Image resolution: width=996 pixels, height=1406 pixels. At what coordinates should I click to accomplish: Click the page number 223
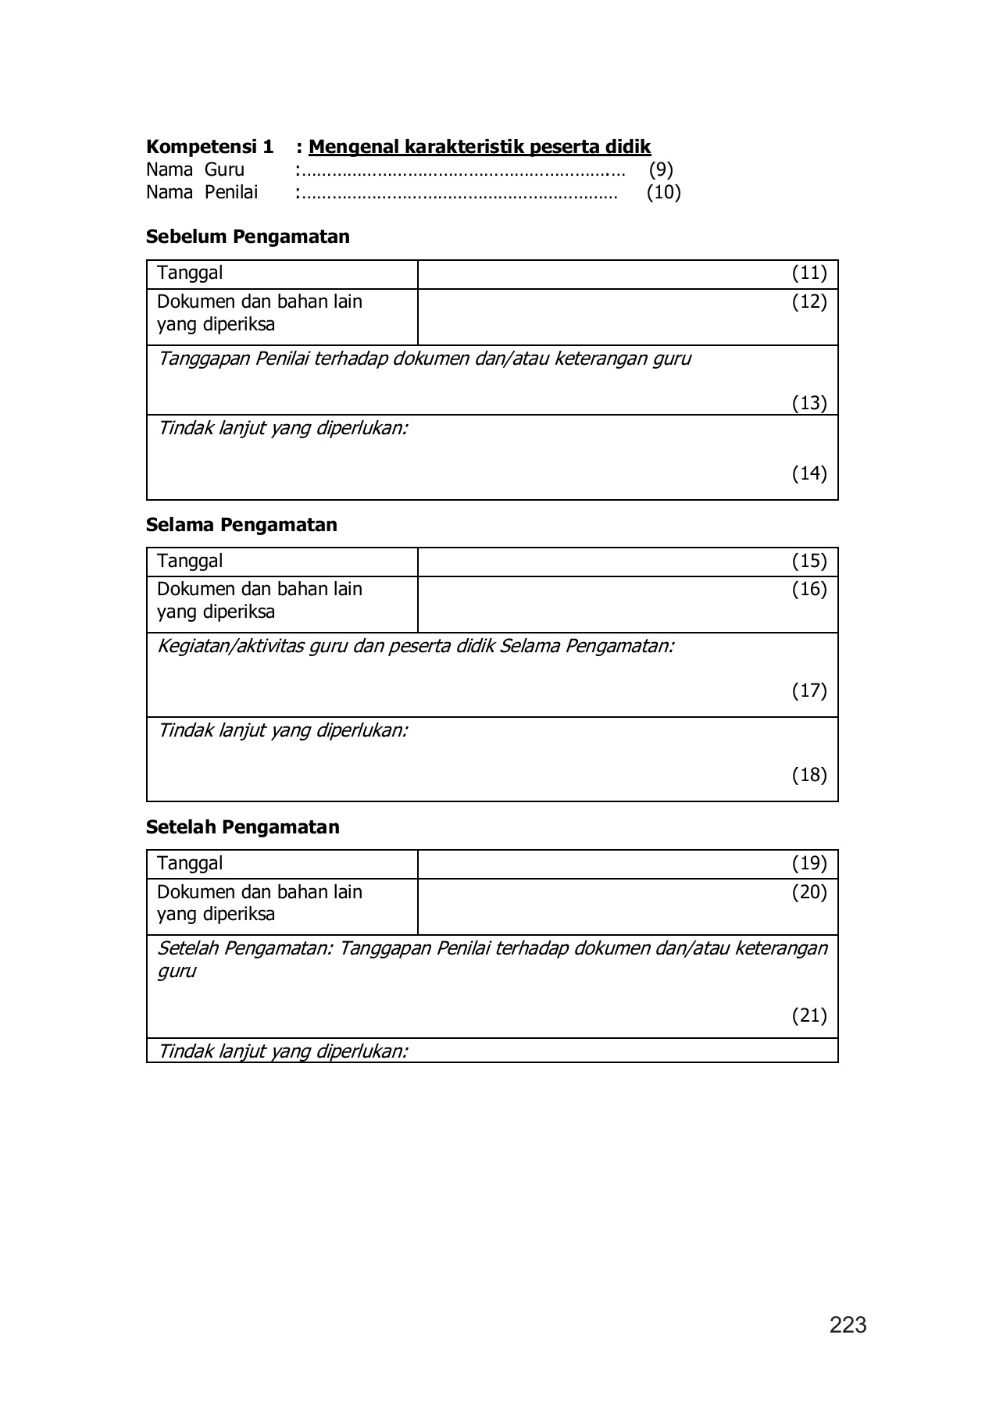click(x=848, y=1325)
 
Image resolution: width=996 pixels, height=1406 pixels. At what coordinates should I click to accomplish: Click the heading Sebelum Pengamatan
click(x=248, y=237)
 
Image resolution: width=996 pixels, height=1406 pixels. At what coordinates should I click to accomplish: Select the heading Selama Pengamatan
click(x=241, y=525)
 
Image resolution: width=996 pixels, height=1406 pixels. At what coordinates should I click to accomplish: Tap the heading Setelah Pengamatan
click(x=242, y=827)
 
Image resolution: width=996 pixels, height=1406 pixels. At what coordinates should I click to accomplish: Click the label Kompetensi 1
click(x=209, y=147)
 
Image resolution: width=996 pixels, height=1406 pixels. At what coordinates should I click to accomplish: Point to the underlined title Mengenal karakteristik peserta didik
click(x=480, y=147)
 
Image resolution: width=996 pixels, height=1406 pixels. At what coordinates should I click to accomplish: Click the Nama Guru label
click(x=195, y=170)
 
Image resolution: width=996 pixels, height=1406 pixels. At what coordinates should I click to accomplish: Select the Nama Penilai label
click(x=202, y=192)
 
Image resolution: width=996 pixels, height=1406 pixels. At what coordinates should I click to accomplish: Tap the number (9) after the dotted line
click(x=661, y=170)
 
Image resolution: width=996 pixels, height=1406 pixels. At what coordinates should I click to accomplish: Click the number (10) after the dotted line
click(x=663, y=192)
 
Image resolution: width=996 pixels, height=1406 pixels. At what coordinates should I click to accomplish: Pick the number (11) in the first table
click(x=809, y=273)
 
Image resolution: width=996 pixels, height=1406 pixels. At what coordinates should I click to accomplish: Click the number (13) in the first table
click(x=809, y=403)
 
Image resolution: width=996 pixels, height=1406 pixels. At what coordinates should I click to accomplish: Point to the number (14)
click(x=809, y=473)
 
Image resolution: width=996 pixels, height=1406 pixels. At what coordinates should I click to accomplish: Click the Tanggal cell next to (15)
click(x=190, y=561)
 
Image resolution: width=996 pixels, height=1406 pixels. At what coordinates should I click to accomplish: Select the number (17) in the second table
click(x=809, y=691)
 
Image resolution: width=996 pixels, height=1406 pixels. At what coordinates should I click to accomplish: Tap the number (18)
click(x=809, y=775)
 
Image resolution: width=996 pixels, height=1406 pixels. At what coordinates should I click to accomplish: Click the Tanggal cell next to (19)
click(x=190, y=863)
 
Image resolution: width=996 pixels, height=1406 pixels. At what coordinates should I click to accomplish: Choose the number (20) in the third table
click(x=809, y=892)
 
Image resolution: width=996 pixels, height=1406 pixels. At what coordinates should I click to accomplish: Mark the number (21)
click(x=809, y=1015)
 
